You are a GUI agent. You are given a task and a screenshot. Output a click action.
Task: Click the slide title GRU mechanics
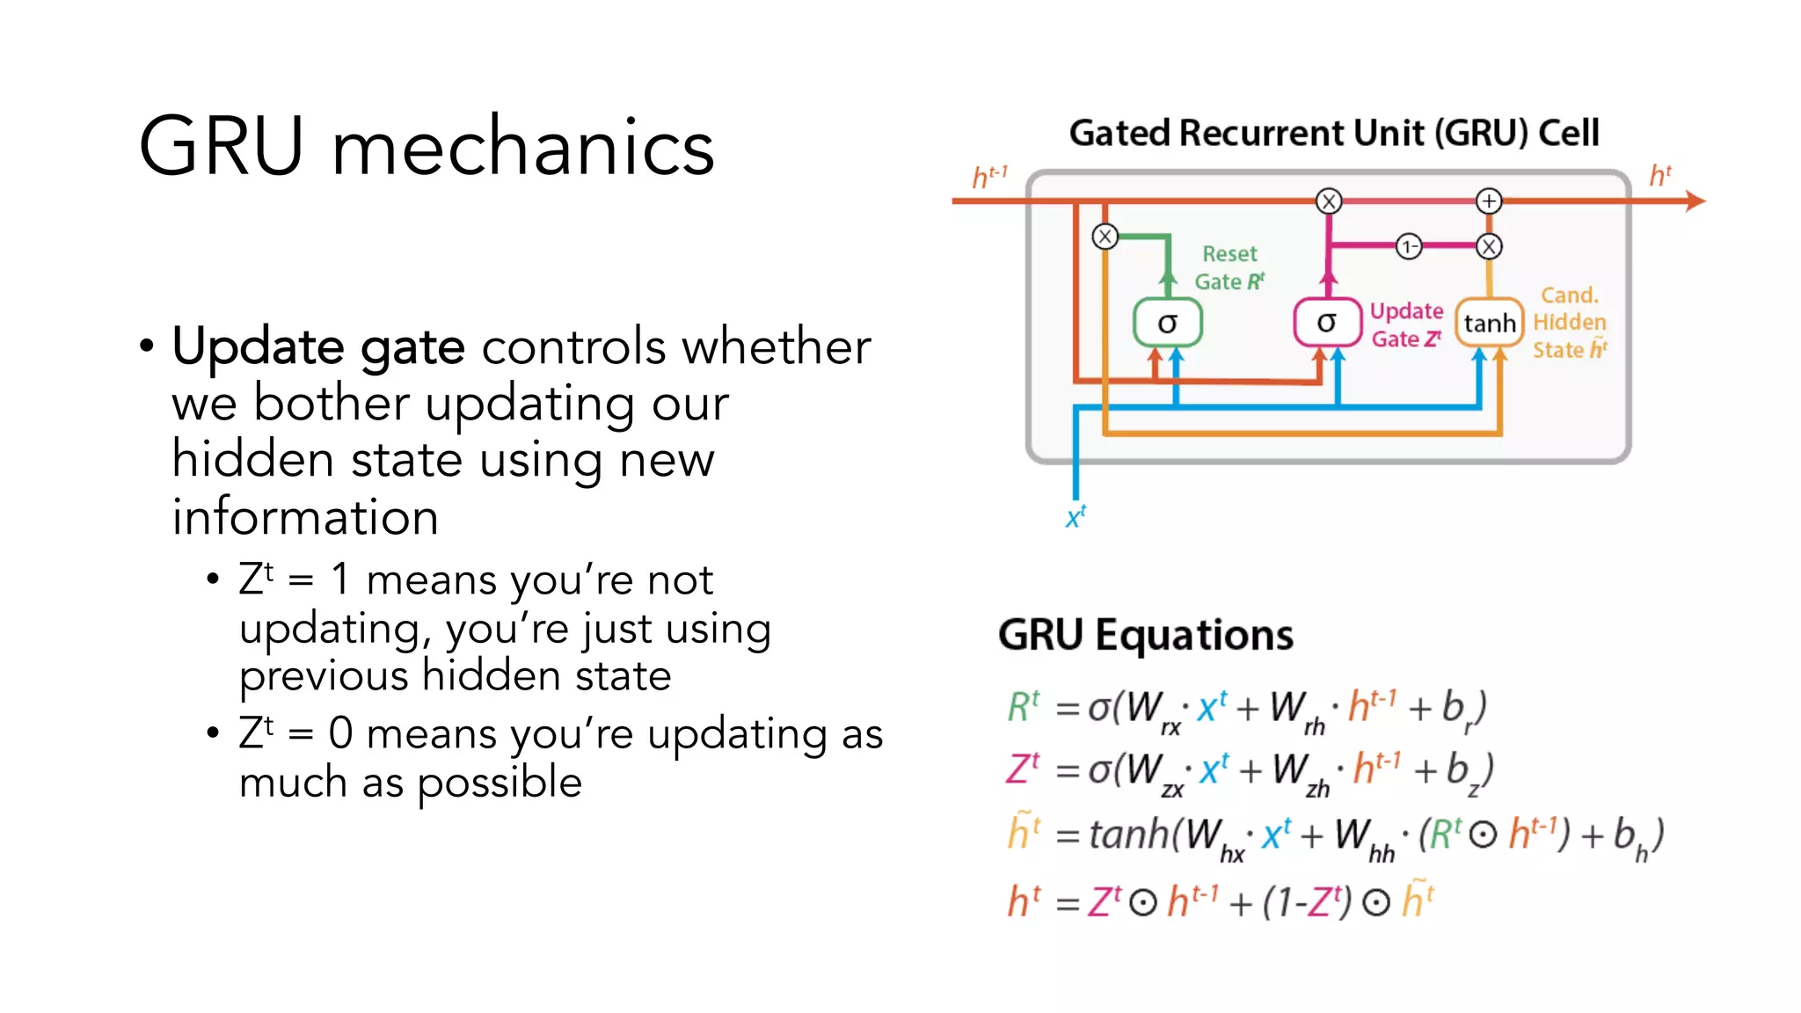pyautogui.click(x=427, y=147)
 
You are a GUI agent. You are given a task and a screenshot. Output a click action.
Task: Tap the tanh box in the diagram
pyautogui.click(x=1489, y=323)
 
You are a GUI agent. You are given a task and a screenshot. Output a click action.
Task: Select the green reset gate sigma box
pyautogui.click(x=1167, y=323)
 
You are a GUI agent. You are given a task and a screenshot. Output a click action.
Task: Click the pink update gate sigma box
pyautogui.click(x=1326, y=323)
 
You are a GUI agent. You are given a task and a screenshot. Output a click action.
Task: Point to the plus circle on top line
pyautogui.click(x=1488, y=201)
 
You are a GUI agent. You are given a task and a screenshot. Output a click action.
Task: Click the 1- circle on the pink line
pyautogui.click(x=1408, y=246)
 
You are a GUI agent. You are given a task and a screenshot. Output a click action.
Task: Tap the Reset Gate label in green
pyautogui.click(x=1229, y=267)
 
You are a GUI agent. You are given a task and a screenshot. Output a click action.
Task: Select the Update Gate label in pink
pyautogui.click(x=1406, y=324)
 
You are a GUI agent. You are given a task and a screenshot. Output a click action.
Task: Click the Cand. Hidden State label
pyautogui.click(x=1569, y=323)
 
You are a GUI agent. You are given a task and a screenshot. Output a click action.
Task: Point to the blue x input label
pyautogui.click(x=1075, y=516)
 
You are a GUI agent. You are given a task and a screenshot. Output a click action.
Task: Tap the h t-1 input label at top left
pyautogui.click(x=988, y=177)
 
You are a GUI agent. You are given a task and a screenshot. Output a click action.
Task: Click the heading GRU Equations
pyautogui.click(x=1145, y=635)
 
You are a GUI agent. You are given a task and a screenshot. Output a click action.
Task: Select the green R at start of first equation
pyautogui.click(x=1023, y=707)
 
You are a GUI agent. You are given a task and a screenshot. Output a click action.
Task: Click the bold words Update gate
pyautogui.click(x=318, y=346)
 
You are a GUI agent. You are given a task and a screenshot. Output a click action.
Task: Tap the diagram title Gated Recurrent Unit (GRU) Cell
pyautogui.click(x=1333, y=134)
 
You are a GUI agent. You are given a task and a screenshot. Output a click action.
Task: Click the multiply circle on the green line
pyautogui.click(x=1105, y=237)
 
